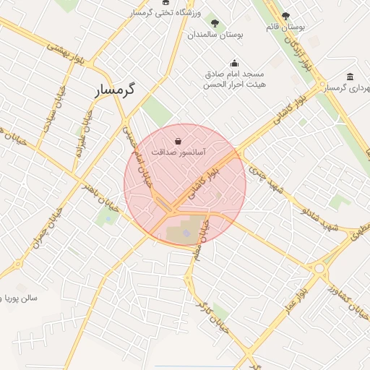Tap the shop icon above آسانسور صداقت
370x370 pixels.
click(x=178, y=141)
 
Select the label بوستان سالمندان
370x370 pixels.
click(x=215, y=34)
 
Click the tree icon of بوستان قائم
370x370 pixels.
click(x=285, y=16)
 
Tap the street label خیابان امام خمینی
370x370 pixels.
click(x=140, y=160)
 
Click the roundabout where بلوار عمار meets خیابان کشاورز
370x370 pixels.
click(x=319, y=267)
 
